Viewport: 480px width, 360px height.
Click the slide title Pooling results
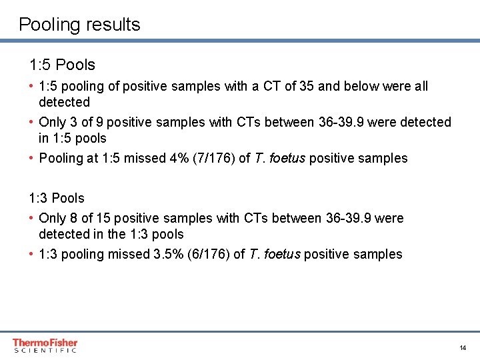79,25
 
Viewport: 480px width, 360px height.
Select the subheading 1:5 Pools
62,65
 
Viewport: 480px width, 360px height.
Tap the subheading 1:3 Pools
57,198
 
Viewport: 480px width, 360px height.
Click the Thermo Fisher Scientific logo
45,345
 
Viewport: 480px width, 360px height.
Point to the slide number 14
463,348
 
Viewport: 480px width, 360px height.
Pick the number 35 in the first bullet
307,86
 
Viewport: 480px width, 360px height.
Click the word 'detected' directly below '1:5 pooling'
64,102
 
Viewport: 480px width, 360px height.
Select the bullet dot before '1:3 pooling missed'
32,254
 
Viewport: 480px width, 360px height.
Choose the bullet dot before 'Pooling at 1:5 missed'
32,158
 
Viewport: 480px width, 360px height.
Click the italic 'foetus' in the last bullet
283,254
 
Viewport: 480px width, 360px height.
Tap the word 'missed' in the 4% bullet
141,158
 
